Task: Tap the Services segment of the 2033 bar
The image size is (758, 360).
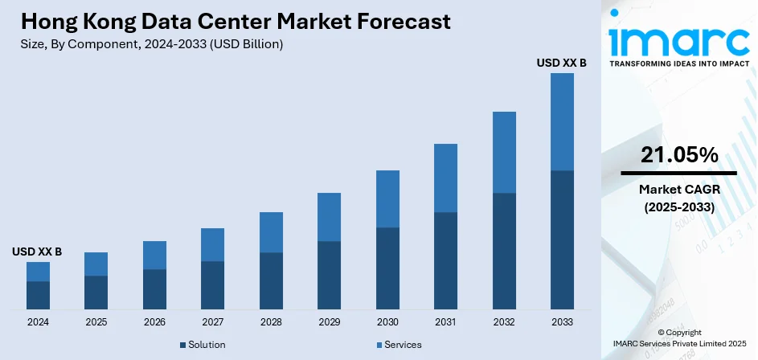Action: [562, 121]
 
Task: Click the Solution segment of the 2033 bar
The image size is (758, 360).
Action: [562, 239]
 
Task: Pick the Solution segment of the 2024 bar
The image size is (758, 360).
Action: [38, 295]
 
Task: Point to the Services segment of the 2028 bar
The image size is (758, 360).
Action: [271, 232]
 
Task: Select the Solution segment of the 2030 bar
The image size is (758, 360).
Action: [387, 268]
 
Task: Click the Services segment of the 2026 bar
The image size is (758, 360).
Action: [154, 255]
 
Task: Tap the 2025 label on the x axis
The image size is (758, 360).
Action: [96, 321]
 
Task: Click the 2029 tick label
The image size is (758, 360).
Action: [329, 321]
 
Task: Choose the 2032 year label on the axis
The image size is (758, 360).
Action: [503, 321]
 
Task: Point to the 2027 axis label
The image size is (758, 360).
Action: [212, 321]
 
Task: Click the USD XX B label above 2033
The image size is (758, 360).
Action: [562, 62]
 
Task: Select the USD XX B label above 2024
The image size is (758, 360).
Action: [37, 252]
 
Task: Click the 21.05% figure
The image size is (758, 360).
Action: [679, 156]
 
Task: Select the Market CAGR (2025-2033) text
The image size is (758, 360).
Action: [679, 198]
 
